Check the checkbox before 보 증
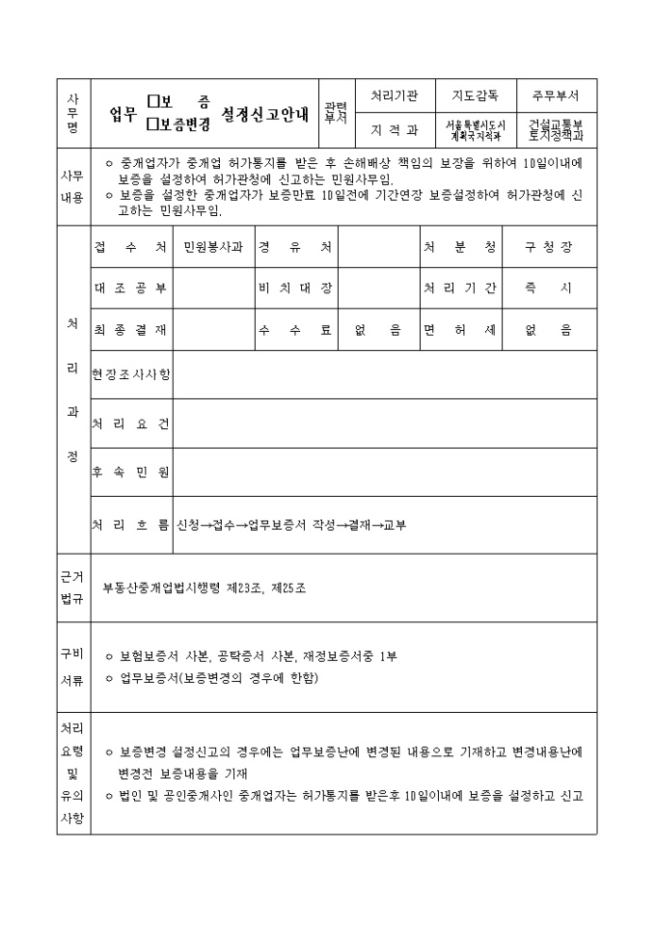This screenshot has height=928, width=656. point(153,99)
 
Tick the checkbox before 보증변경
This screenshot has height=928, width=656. point(153,123)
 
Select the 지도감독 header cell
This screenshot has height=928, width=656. point(475,96)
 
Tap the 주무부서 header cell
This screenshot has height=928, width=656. point(556,96)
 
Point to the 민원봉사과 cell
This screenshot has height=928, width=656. point(213,247)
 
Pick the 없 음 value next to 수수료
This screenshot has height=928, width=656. point(378,329)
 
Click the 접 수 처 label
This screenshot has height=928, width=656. point(131,247)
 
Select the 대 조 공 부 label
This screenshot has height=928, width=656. point(131,287)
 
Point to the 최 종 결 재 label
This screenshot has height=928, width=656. point(131,329)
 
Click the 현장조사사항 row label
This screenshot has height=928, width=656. point(131,372)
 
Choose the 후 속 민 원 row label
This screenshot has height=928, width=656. point(131,472)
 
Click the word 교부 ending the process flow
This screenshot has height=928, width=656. point(395,525)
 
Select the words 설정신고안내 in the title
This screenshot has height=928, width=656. point(265,112)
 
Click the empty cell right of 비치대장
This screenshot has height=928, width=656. point(378,287)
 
